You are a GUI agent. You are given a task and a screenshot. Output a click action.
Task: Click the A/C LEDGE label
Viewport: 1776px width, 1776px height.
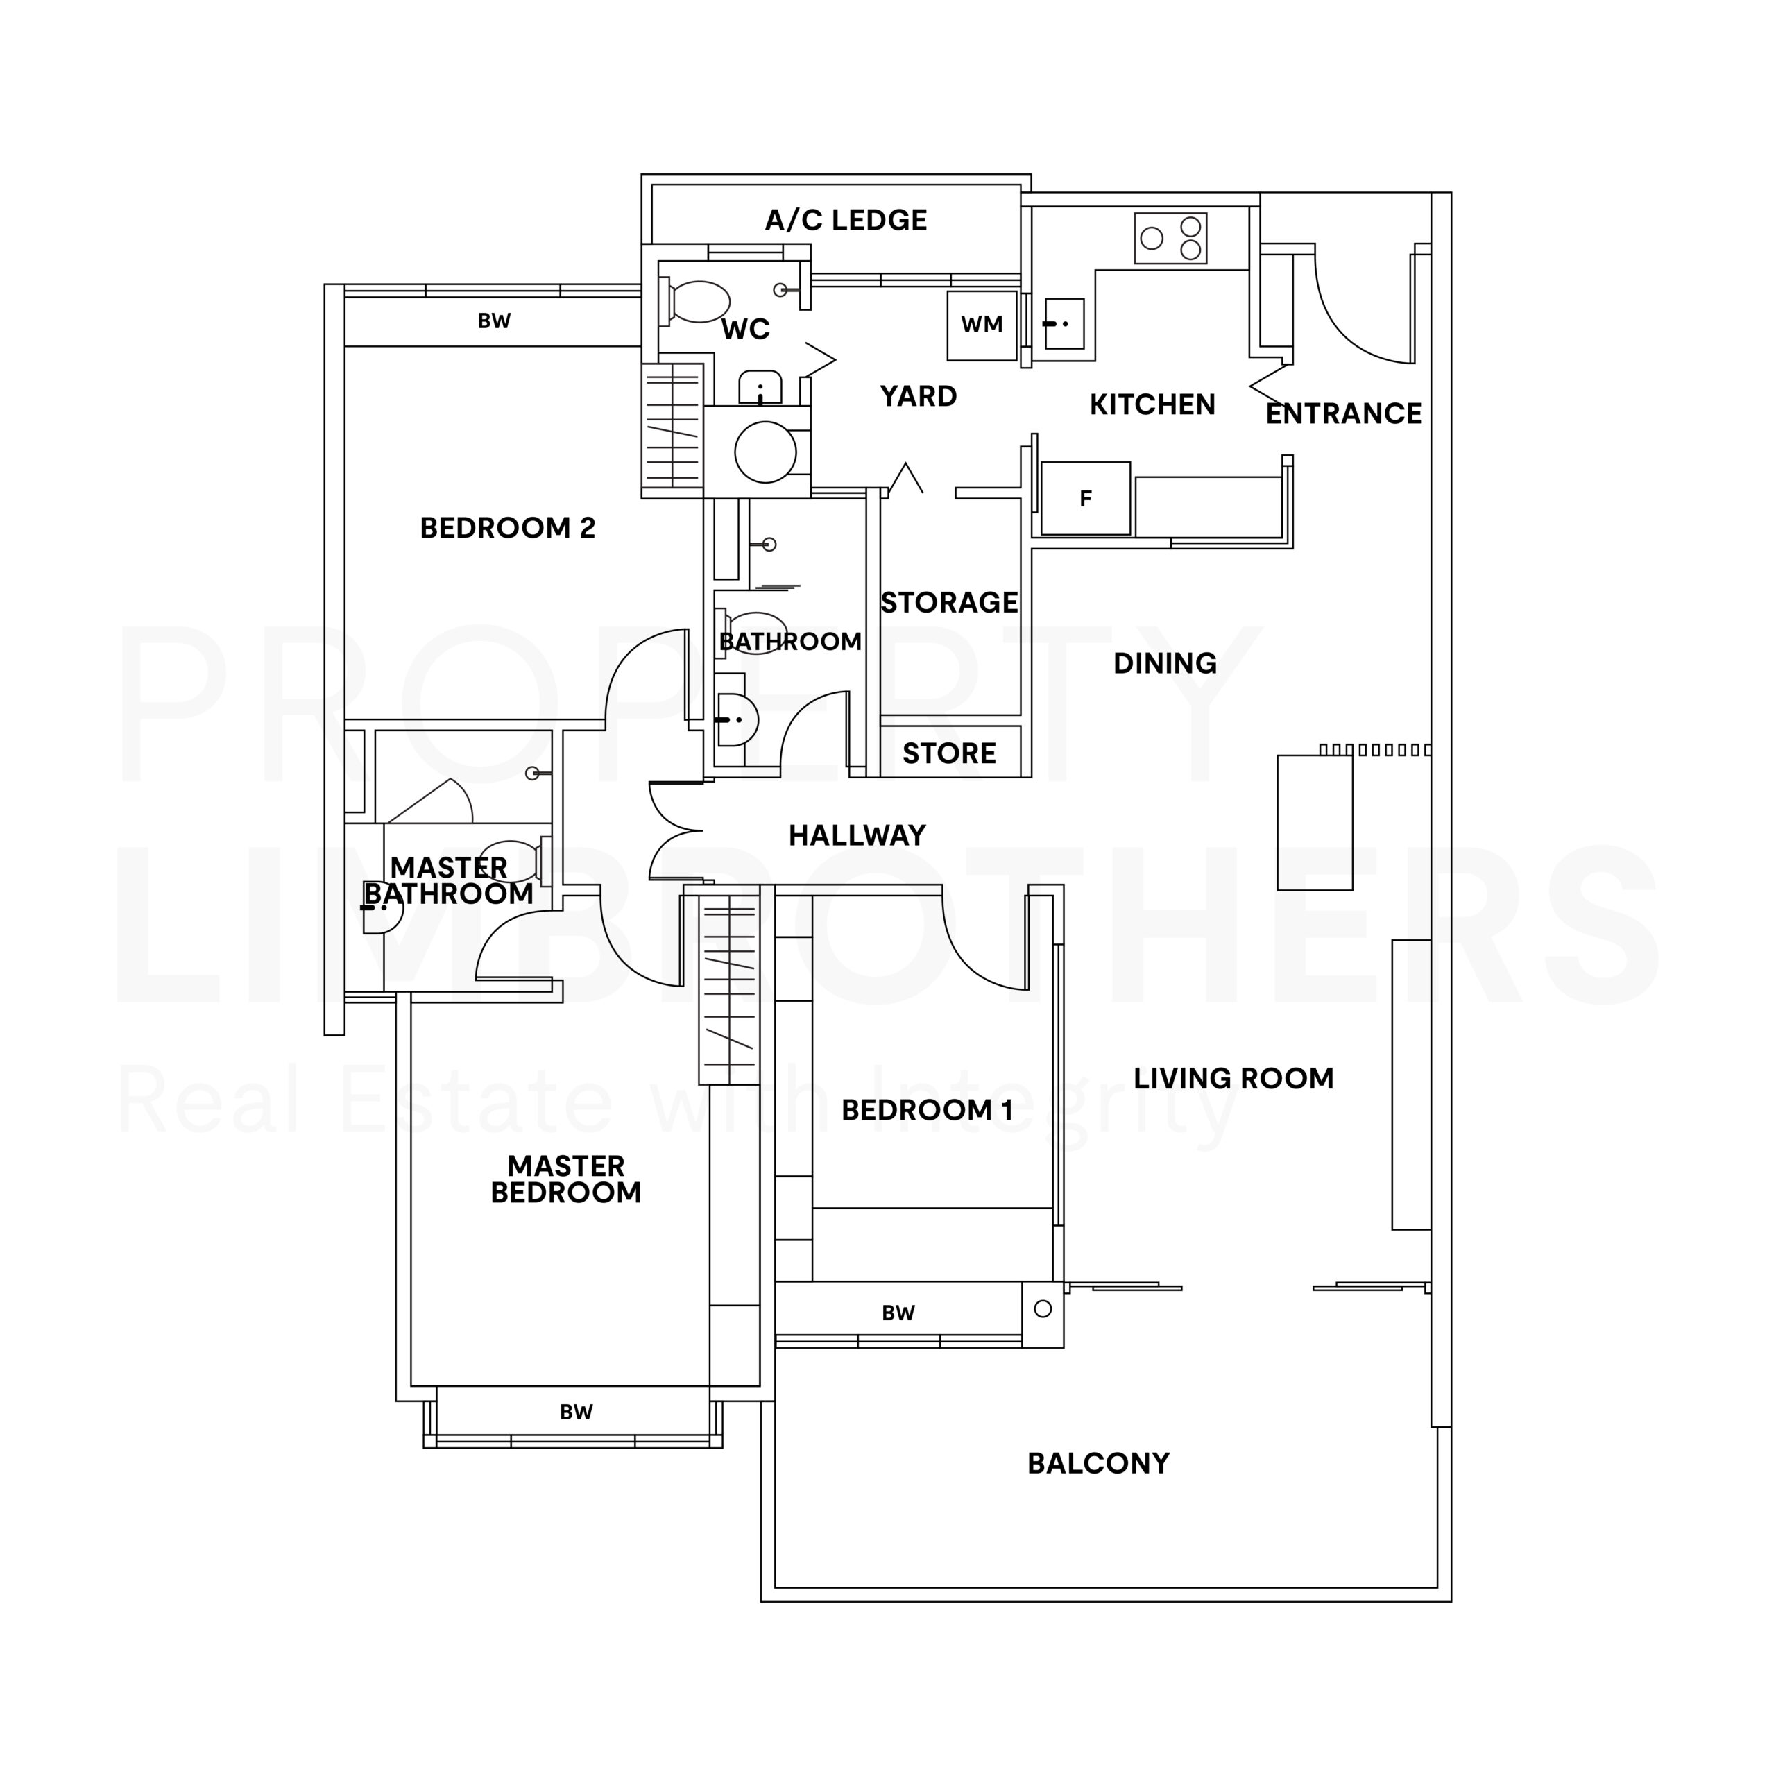pos(846,221)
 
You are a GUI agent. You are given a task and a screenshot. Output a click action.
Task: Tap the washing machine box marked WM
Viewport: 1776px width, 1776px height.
pos(982,325)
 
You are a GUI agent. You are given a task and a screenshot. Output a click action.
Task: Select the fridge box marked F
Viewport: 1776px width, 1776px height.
pos(1086,498)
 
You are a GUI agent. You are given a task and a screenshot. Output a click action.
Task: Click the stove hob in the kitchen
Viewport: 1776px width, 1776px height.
pos(1170,238)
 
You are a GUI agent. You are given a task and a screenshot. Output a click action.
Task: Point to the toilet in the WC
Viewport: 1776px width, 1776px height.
pos(696,302)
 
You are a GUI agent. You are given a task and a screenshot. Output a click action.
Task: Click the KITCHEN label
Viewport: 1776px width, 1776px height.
pos(1152,404)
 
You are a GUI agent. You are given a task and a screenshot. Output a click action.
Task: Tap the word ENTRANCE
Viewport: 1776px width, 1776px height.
pos(1343,413)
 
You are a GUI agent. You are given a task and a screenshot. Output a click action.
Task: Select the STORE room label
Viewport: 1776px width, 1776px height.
pos(948,754)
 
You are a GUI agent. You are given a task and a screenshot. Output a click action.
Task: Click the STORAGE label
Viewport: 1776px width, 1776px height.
pos(948,603)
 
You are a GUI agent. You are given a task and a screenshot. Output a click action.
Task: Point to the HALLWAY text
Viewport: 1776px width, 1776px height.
pos(857,835)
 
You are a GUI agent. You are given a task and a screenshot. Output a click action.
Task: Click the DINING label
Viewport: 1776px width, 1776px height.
pos(1165,664)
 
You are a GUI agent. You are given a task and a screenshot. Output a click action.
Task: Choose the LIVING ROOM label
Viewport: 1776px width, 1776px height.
pos(1233,1078)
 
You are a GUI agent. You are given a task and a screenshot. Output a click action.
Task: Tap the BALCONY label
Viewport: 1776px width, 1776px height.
pos(1098,1463)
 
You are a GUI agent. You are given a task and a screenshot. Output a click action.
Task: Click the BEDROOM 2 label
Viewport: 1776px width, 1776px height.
pos(507,528)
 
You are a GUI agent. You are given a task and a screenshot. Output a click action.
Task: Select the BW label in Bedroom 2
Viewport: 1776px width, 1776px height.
pos(494,321)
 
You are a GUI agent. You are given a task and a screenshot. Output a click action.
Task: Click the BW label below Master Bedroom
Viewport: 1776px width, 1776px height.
pos(577,1412)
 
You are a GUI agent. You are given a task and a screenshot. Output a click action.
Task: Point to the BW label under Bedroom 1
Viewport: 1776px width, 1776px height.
pos(898,1313)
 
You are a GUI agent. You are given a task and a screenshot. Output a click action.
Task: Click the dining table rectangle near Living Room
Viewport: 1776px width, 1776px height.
pos(1315,823)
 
